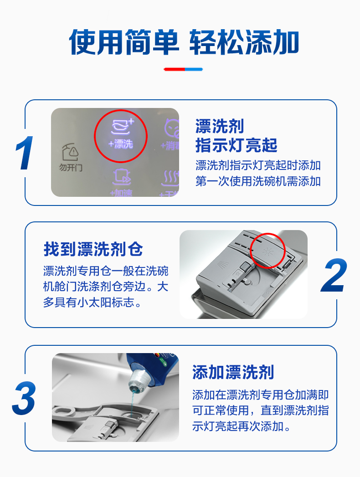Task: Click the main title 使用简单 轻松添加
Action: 184,42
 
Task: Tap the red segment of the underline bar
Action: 175,69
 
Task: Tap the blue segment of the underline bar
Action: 194,69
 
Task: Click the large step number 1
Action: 25,153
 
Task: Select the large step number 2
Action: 334,275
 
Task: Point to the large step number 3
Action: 24,398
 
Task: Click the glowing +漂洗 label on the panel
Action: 121,144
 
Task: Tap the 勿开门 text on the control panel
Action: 71,167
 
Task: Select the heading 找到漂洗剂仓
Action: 93,249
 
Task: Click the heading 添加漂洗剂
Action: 233,372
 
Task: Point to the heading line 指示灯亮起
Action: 236,145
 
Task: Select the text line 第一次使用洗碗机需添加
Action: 258,181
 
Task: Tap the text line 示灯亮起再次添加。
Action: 242,426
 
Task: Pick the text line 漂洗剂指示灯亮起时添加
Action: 258,165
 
